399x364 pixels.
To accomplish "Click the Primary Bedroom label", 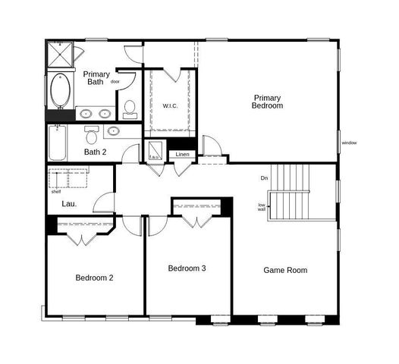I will pos(268,102).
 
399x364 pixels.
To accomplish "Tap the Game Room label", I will pos(285,270).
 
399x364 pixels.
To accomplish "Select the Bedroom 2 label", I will pos(94,278).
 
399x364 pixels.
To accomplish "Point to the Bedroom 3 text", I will pos(187,268).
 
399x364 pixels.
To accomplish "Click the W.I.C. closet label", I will pos(170,105).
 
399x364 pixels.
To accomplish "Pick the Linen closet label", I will pos(182,155).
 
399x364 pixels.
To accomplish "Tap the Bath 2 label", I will pos(95,152).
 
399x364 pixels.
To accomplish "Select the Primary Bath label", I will pos(97,78).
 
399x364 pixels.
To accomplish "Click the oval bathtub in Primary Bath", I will pos(58,91).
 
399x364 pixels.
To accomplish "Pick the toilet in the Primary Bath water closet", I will pos(130,108).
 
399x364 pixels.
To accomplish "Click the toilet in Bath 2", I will pos(92,136).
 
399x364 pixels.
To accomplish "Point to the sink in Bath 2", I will pos(114,131).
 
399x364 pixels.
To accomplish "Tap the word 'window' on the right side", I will pos(349,143).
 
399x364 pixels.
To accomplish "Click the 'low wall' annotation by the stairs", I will pos(261,206).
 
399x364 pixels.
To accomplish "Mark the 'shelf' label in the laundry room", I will pos(56,192).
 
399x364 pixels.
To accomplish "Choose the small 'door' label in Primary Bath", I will pos(115,81).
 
